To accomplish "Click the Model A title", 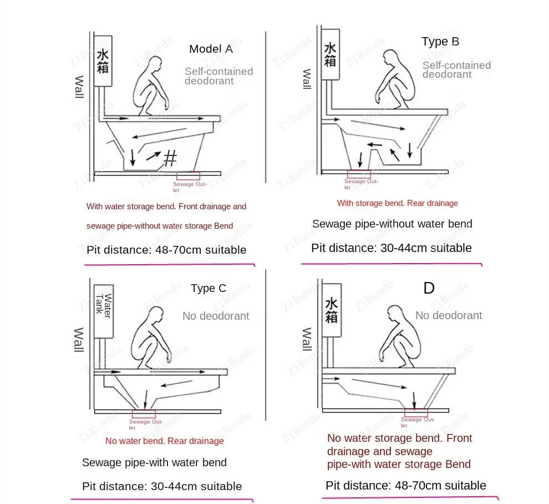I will (x=211, y=49).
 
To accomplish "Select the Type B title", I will (x=440, y=42).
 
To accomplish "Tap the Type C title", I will (x=209, y=288).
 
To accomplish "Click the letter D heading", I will (x=429, y=288).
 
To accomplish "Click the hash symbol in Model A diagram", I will (x=170, y=159).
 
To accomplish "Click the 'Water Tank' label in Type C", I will (x=104, y=304).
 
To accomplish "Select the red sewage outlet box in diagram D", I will (x=415, y=412).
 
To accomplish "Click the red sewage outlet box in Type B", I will (x=359, y=174).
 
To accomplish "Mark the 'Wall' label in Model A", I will (x=79, y=87).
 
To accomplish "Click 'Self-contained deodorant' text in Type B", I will (x=456, y=70).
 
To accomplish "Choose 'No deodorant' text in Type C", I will (x=216, y=316).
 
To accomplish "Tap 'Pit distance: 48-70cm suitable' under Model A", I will (x=166, y=250).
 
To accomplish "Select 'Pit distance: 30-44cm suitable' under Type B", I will (x=392, y=248).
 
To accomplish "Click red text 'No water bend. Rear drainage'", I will (x=165, y=441).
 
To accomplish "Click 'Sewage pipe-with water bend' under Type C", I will (x=154, y=462).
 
